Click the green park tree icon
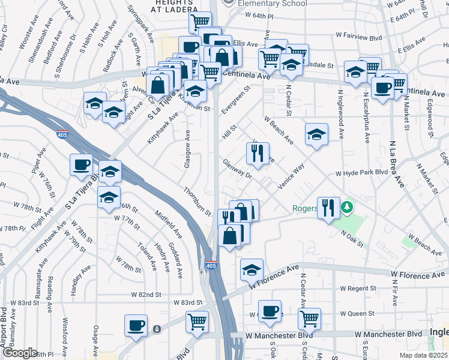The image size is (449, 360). (346, 208)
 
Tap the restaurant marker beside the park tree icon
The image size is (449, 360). (328, 208)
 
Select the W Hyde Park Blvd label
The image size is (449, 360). (361, 173)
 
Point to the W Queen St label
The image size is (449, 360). (357, 313)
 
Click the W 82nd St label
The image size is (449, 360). (146, 295)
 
